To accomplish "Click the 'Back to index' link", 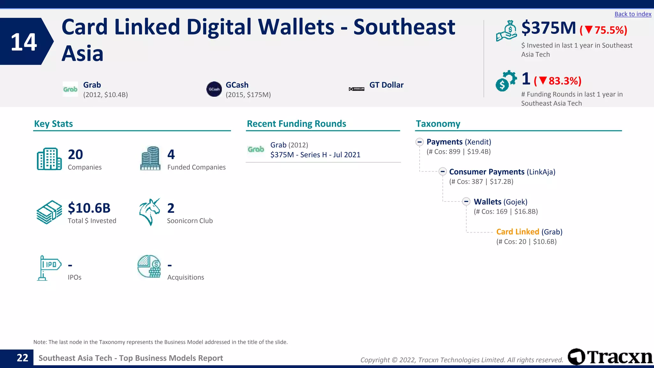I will click(633, 14).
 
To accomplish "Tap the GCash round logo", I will click(214, 89).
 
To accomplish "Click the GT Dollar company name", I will click(386, 85).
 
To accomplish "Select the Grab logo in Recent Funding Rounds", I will click(256, 149).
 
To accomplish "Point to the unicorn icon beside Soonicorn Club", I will click(149, 212).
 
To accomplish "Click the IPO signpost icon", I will click(49, 268).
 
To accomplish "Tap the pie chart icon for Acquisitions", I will click(149, 266).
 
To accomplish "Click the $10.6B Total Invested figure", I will click(89, 208).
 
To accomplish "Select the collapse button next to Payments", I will click(420, 142).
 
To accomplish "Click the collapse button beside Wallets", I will click(466, 202).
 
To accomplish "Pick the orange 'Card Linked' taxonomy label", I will click(517, 232).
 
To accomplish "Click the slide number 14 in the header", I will click(24, 42).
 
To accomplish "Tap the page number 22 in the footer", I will click(22, 358).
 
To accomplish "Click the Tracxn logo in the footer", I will click(610, 357).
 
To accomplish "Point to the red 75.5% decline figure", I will click(604, 30).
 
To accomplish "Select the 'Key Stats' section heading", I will click(53, 124).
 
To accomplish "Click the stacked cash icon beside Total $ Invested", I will click(49, 212).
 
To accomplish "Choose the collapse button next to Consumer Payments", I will click(443, 172).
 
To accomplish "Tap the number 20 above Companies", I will click(75, 155).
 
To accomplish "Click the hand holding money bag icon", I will click(506, 31).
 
